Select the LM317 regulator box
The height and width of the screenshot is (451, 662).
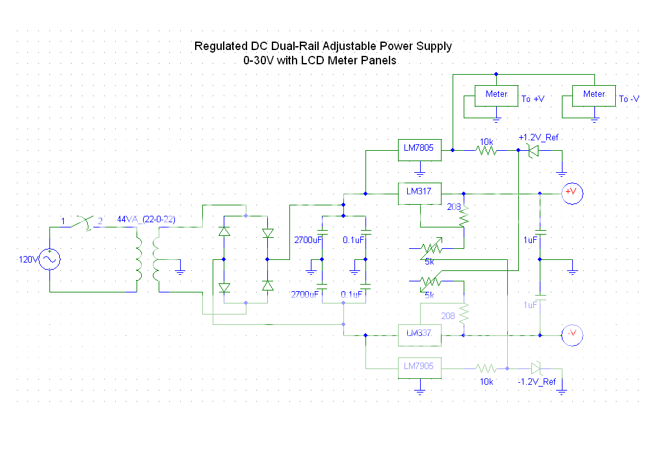point(419,193)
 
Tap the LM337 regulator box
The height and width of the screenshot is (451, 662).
point(419,335)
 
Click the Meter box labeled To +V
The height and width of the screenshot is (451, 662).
point(496,96)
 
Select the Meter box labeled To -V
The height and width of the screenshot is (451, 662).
point(594,96)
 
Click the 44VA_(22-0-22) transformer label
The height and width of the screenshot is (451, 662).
point(146,220)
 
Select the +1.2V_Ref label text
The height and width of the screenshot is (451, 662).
point(537,138)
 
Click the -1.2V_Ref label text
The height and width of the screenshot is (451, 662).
point(536,381)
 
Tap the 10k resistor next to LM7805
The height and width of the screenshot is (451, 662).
point(486,150)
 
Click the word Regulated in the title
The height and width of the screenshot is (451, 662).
point(220,47)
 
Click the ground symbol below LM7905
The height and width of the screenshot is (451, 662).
point(419,391)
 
